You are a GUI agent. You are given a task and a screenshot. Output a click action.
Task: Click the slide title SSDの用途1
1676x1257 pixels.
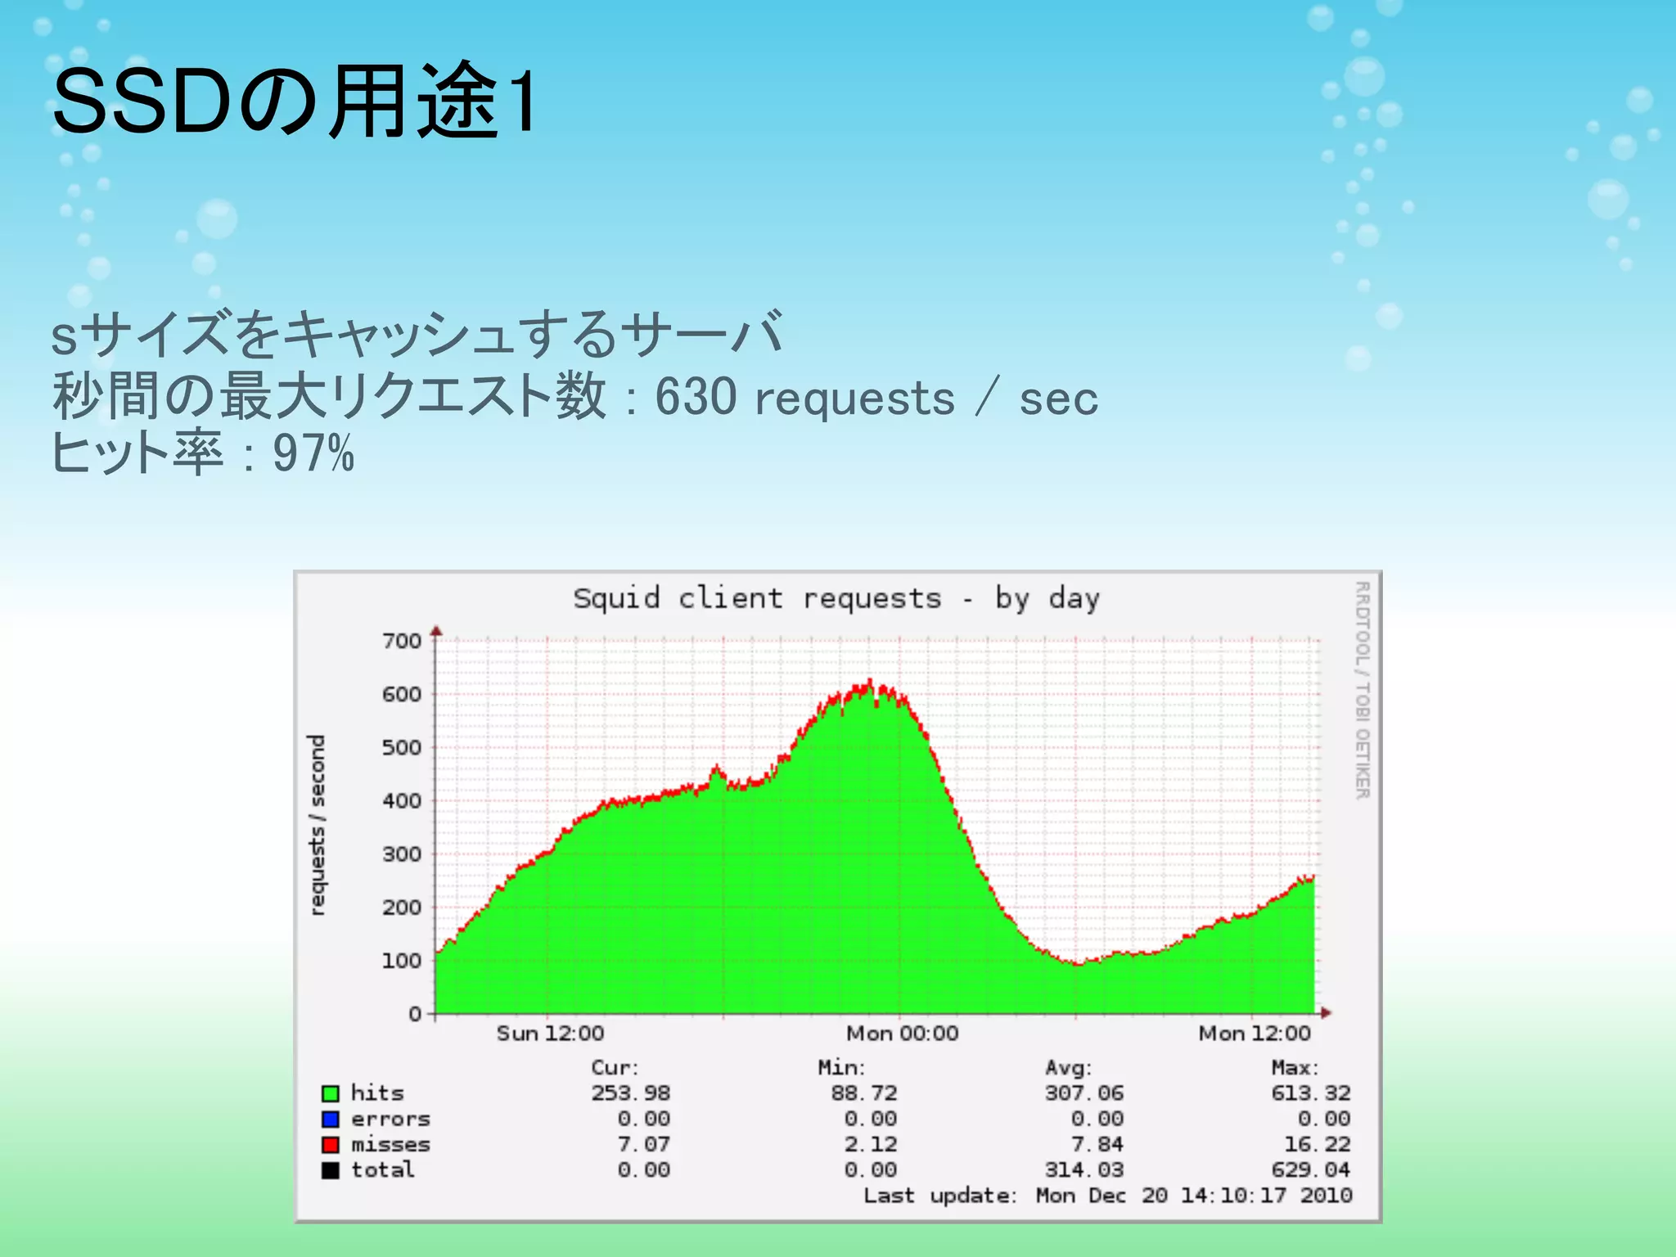point(295,101)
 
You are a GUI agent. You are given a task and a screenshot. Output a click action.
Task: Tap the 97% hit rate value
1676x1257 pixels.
point(313,453)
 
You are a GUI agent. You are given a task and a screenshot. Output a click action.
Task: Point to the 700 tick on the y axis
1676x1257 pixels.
point(402,641)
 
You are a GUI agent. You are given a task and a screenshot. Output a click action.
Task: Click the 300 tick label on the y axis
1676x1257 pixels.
point(402,854)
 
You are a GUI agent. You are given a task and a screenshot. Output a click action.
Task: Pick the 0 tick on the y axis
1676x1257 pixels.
point(415,1014)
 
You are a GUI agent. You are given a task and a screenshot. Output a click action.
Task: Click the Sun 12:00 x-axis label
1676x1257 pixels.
point(550,1034)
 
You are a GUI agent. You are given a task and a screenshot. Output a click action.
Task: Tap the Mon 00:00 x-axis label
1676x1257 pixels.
point(902,1034)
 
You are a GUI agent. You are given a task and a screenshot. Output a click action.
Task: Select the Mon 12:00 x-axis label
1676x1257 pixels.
point(1254,1034)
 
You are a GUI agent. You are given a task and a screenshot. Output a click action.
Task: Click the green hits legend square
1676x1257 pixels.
point(331,1093)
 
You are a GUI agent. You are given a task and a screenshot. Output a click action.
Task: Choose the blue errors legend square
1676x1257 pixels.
point(331,1119)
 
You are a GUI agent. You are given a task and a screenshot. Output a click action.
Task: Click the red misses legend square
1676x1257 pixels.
point(331,1144)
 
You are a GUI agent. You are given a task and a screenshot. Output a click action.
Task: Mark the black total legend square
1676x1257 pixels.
point(331,1170)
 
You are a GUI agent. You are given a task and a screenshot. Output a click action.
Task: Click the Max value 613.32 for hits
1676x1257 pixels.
point(1310,1093)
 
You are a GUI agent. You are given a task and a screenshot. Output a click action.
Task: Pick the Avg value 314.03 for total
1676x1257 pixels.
point(1084,1170)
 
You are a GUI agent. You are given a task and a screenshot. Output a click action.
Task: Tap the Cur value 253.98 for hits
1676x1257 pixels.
point(630,1093)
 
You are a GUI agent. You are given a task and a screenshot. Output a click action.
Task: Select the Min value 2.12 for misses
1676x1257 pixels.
point(870,1144)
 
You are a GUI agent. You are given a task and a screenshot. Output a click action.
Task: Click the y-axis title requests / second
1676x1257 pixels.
point(317,824)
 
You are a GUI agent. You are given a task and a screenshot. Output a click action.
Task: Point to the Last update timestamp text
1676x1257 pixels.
point(1107,1196)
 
